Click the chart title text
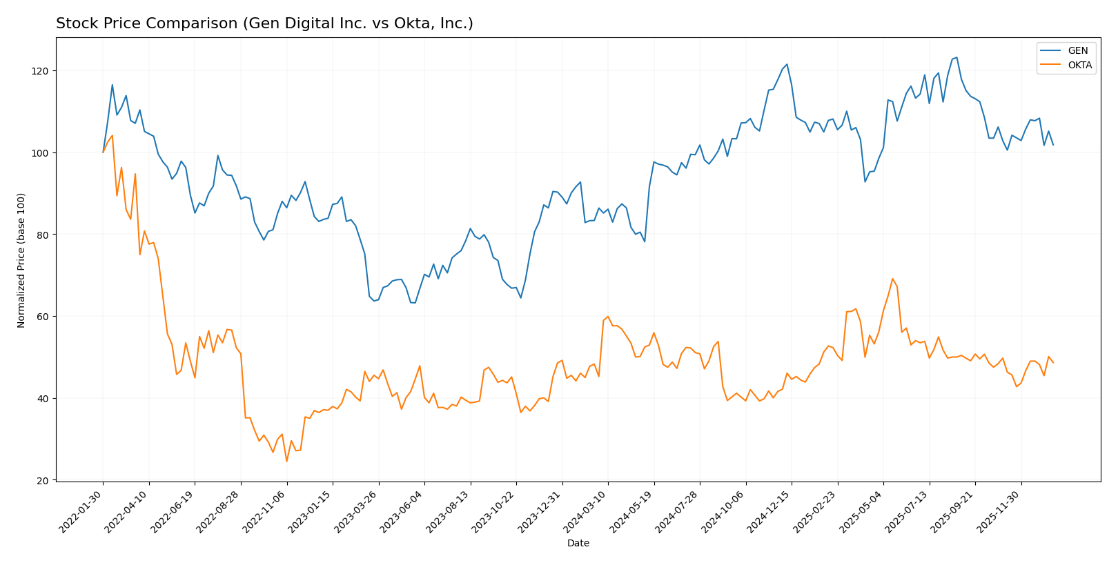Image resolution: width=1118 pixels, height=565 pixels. (264, 24)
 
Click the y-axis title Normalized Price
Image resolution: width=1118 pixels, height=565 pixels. (21, 260)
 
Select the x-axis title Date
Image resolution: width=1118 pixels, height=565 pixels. (578, 544)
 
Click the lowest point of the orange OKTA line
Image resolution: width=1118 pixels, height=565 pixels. (286, 461)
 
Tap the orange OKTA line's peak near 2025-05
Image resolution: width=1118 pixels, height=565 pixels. (892, 279)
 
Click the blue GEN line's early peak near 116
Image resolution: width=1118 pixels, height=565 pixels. (112, 85)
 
